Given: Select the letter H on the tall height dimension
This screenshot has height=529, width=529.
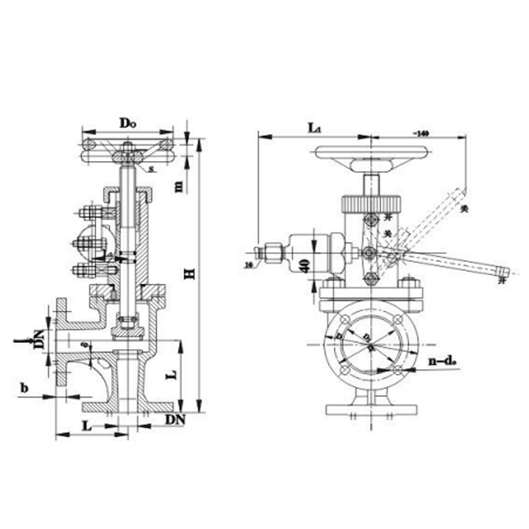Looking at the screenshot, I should point(189,274).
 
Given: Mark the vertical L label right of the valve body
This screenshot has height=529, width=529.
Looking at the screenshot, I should point(175,374).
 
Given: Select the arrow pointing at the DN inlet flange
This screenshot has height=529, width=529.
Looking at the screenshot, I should point(19,338).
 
